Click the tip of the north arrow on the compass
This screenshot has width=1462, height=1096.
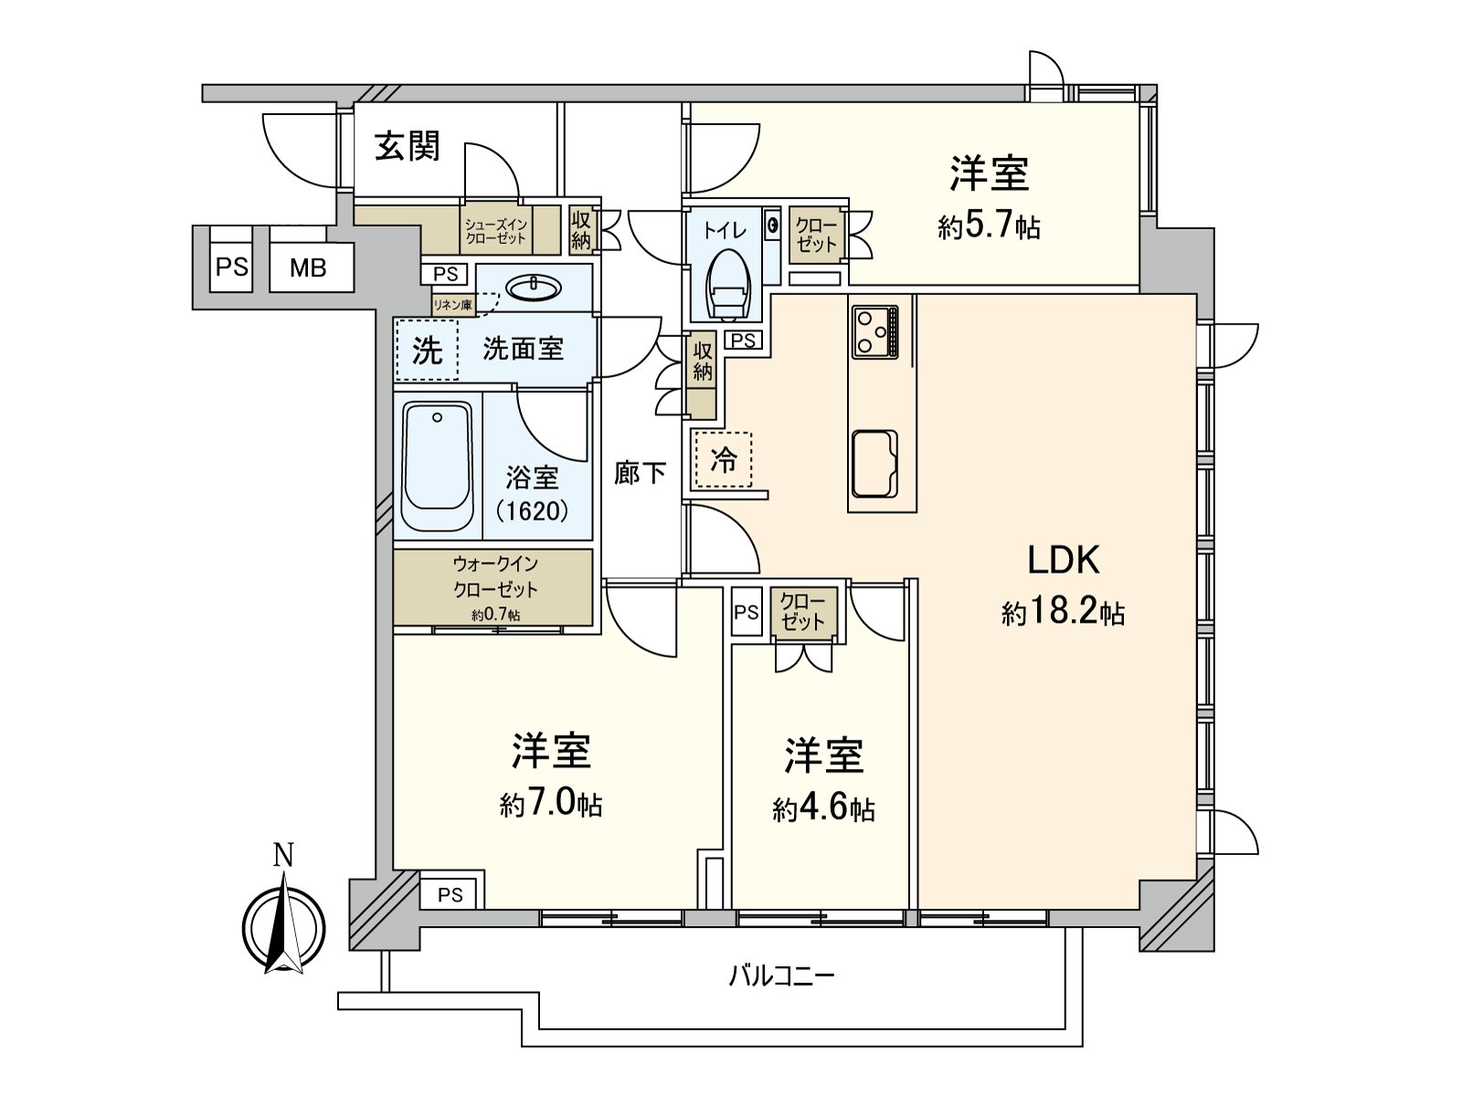284,872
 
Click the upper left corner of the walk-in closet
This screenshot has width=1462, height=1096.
394,550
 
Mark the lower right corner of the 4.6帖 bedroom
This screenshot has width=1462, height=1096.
909,909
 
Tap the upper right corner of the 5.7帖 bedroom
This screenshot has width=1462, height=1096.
1139,103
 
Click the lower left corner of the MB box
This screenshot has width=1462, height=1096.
270,291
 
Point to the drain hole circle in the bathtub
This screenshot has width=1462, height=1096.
437,417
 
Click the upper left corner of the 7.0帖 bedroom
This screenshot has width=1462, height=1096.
394,635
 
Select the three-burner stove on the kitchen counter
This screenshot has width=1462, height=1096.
874,331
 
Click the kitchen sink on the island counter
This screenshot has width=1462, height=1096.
874,465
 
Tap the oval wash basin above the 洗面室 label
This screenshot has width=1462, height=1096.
533,288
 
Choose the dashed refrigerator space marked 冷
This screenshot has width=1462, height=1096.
723,459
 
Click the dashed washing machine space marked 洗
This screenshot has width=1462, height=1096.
427,350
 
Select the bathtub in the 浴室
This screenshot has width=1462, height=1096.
438,466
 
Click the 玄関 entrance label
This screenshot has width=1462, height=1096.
407,146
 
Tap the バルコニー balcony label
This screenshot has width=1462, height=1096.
781,977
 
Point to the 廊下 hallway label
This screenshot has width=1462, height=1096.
640,473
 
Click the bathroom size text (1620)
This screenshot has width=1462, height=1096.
532,511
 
